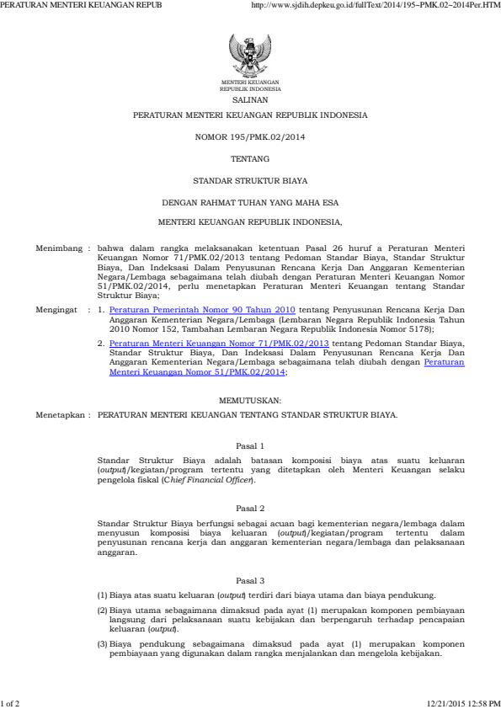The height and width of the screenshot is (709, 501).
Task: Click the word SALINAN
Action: (x=250, y=99)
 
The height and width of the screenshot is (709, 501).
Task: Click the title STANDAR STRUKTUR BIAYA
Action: (x=250, y=180)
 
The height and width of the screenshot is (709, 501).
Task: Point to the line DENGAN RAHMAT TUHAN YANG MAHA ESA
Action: (x=250, y=202)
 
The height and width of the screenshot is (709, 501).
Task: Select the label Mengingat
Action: (x=56, y=310)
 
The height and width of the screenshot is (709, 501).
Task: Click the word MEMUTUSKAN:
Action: (x=250, y=399)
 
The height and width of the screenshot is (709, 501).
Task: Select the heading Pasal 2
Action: (x=250, y=508)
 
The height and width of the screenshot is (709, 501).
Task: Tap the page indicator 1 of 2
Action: (x=12, y=701)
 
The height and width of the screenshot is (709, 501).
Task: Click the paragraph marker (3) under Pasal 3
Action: (x=102, y=642)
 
